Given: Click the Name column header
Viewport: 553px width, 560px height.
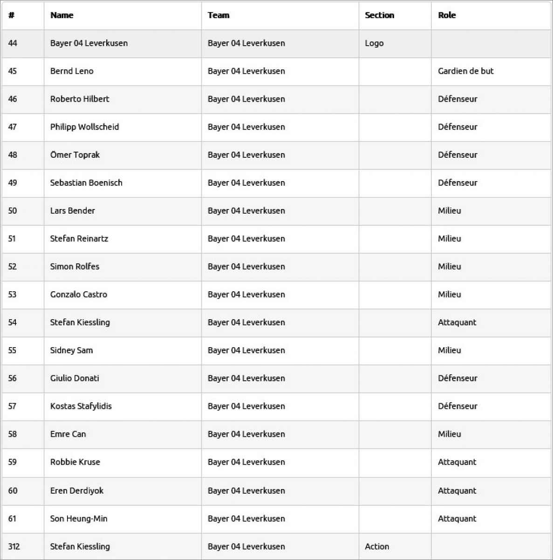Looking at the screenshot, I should point(62,15).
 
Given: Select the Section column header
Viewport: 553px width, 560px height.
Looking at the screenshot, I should point(379,15).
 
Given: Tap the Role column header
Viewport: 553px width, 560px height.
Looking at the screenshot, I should point(447,15).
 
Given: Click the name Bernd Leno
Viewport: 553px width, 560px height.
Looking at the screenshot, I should point(72,71).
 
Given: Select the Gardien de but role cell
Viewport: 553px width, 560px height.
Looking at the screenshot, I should point(465,71).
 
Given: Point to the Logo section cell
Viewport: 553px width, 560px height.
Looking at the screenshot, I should point(374,43).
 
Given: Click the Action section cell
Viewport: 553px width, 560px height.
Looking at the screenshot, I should point(377,546).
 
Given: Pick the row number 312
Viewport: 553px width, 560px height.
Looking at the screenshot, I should point(14,546).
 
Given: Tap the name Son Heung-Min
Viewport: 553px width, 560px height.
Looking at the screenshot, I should point(79,518).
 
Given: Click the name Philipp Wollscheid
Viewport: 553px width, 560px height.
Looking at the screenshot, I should point(84,127).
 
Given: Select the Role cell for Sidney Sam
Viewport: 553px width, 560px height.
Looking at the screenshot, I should point(449,350).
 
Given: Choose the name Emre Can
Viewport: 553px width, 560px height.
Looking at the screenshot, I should point(68,434).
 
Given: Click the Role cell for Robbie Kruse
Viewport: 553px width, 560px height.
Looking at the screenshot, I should point(457,462).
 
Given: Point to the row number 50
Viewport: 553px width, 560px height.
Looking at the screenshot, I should point(13,211).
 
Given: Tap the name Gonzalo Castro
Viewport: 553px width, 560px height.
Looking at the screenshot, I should point(79,294).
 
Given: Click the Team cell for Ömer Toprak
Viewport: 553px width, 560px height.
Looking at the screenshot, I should point(246,155).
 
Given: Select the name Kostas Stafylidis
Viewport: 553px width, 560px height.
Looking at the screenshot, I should point(81,406).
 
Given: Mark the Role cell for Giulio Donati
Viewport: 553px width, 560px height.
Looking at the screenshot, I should point(457,378).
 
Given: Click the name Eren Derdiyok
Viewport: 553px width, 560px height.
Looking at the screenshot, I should point(77,490).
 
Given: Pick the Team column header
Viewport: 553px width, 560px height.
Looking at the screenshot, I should point(218,15).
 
